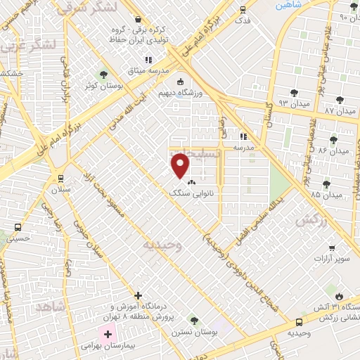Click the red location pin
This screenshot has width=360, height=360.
(181, 165)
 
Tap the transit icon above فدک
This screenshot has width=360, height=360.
(243, 10)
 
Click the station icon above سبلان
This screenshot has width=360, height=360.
(60, 177)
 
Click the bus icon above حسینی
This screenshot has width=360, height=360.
(18, 229)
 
